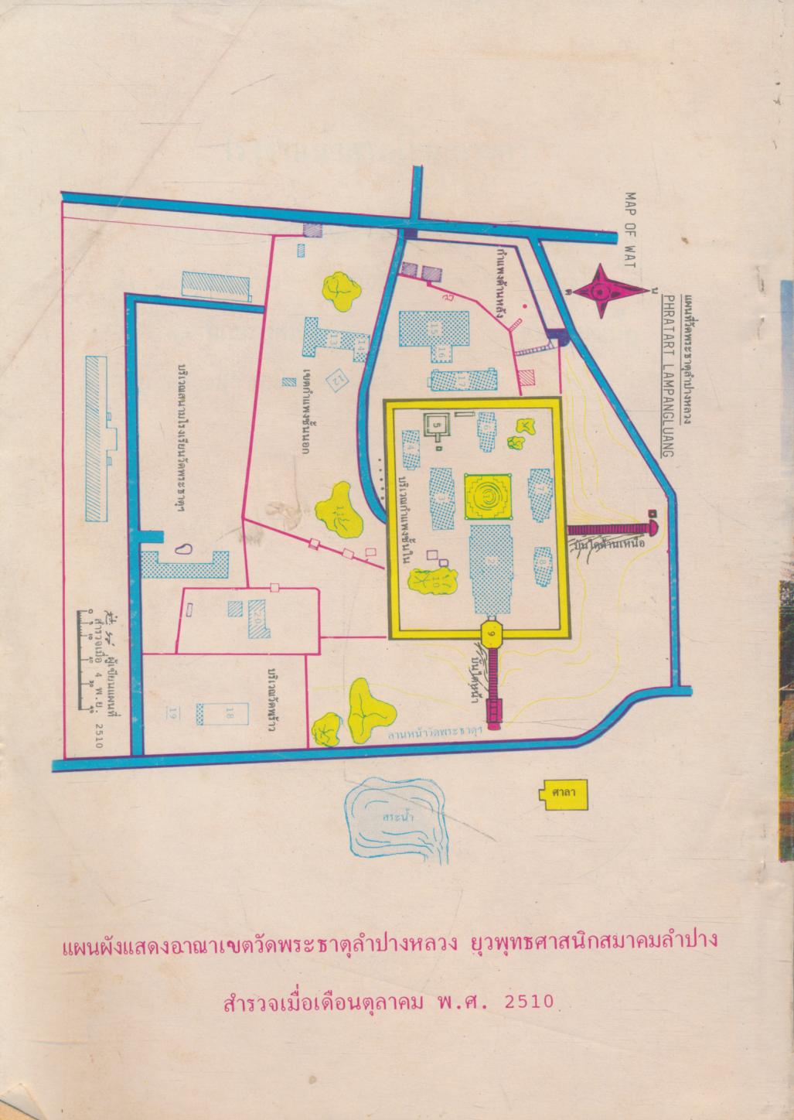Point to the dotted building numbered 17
462,380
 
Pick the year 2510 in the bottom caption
529,1002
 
